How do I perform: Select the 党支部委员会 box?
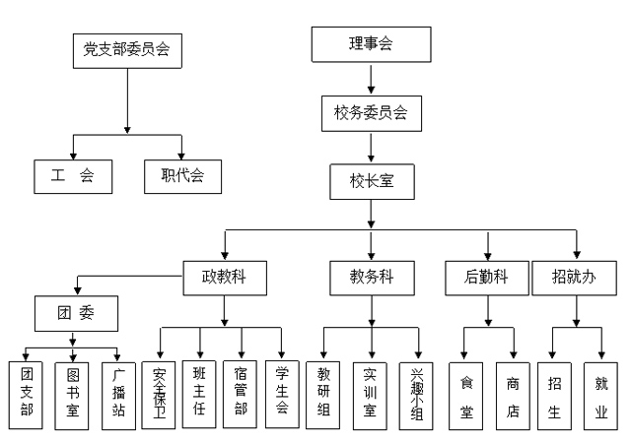[127, 51]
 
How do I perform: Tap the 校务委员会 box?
[372, 113]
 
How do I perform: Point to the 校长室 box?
[372, 182]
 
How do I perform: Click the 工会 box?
[72, 176]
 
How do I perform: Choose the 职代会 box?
[182, 176]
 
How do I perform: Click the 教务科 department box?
[371, 278]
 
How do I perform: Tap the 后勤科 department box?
[485, 278]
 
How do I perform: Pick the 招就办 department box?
[575, 278]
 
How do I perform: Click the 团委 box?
[76, 314]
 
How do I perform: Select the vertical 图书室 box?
[71, 393]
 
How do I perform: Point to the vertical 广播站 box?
[117, 393]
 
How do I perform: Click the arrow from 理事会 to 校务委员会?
[371, 78]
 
